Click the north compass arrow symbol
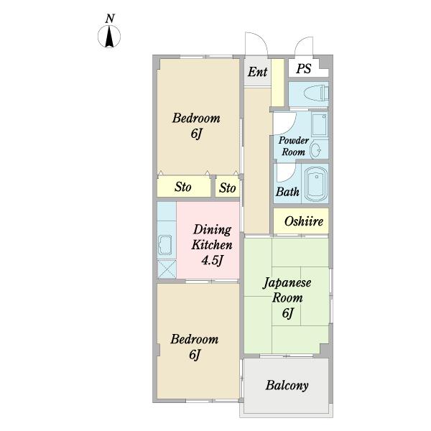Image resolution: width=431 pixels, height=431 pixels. coord(109,37)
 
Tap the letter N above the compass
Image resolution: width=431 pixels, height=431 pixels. coord(110,19)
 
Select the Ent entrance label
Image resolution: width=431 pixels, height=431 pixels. coord(257,72)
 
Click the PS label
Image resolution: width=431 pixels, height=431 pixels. coord(303,68)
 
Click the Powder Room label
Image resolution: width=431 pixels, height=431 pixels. coord(294,146)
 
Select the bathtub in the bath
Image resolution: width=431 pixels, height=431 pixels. coord(316,184)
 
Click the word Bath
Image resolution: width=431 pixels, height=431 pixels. coord(287,192)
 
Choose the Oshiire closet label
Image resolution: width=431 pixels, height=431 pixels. coord(303,221)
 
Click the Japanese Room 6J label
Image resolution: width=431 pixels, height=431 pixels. coord(287,297)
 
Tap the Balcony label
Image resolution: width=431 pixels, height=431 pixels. coord(287,385)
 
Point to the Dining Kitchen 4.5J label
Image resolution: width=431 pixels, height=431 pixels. coord(212,245)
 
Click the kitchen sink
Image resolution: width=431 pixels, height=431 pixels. coord(165,245)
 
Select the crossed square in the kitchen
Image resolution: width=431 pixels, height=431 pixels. coord(167,269)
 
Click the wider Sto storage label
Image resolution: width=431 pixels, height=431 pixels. coord(182,187)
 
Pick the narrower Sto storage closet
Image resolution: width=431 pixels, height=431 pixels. coord(227,187)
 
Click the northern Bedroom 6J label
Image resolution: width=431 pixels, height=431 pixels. coord(196,126)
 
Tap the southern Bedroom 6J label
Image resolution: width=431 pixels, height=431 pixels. coord(195,346)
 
